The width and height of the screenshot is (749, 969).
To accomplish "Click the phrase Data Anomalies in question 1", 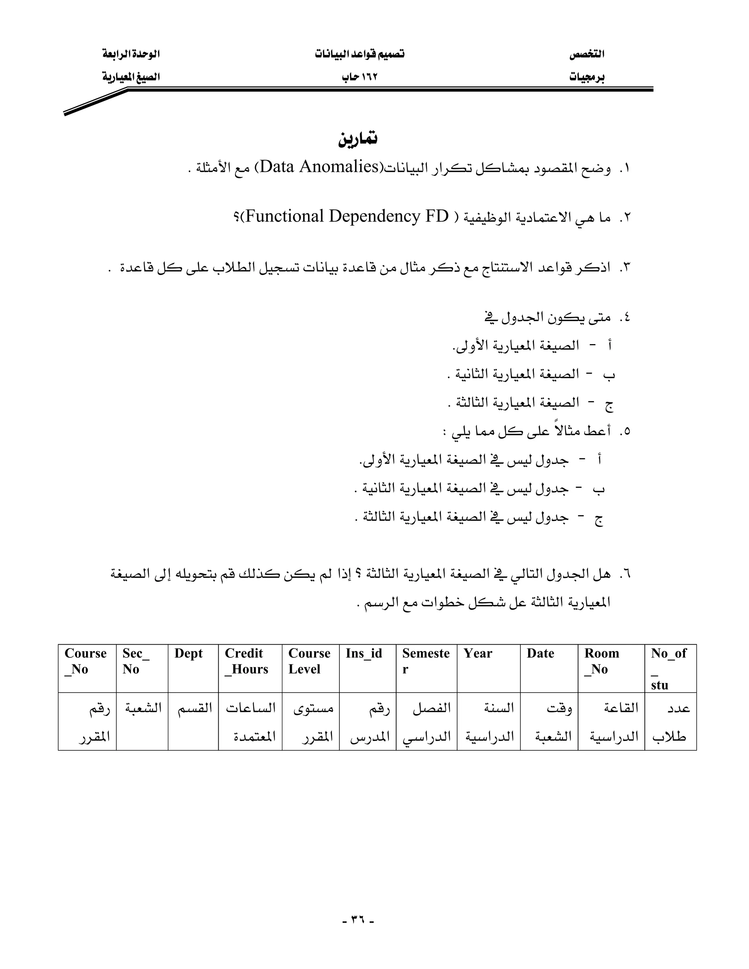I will click(x=318, y=167).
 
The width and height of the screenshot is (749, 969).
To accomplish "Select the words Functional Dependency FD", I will click(x=345, y=216).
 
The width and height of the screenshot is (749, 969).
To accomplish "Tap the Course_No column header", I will click(x=86, y=661).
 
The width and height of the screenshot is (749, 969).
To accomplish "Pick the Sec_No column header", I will click(x=136, y=661).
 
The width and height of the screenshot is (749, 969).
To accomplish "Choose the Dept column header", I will click(x=189, y=653).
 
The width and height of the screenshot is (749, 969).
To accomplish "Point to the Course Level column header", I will click(x=309, y=661).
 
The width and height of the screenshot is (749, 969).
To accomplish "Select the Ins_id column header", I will click(x=364, y=653).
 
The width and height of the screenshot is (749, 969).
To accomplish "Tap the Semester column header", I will click(x=426, y=661).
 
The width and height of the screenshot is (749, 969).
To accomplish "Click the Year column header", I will click(x=478, y=653).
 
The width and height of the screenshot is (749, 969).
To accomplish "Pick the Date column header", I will click(x=541, y=653).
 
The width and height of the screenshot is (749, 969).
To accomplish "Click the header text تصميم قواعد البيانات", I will click(x=360, y=54).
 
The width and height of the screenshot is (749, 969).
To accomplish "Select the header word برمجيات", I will click(x=587, y=77).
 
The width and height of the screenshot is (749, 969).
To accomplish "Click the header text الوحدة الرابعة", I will click(x=131, y=54).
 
